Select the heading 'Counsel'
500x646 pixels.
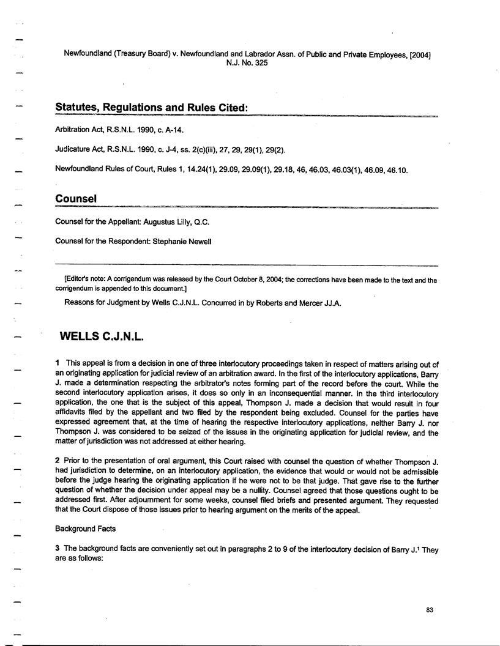[76, 199]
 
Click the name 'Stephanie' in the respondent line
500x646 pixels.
[158, 241]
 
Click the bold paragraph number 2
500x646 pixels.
[58, 469]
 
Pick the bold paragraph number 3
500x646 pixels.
[58, 548]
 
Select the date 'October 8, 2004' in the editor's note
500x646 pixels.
[286, 280]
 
